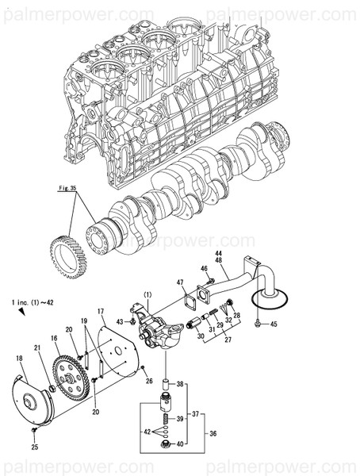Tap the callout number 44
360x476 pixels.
pyautogui.click(x=217, y=255)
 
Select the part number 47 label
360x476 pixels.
pyautogui.click(x=180, y=282)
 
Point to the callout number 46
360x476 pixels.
pyautogui.click(x=204, y=270)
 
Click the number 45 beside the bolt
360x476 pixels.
pyautogui.click(x=273, y=324)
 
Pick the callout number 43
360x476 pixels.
pyautogui.click(x=121, y=321)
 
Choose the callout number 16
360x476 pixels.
pyautogui.click(x=55, y=339)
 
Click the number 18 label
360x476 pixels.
pyautogui.click(x=20, y=359)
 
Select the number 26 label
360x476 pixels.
pyautogui.click(x=148, y=380)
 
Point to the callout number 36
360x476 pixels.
pyautogui.click(x=212, y=433)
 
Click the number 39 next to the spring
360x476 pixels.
pyautogui.click(x=179, y=418)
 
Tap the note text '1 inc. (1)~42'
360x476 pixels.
pyautogui.click(x=33, y=303)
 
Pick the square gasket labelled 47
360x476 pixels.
pyautogui.click(x=190, y=301)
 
